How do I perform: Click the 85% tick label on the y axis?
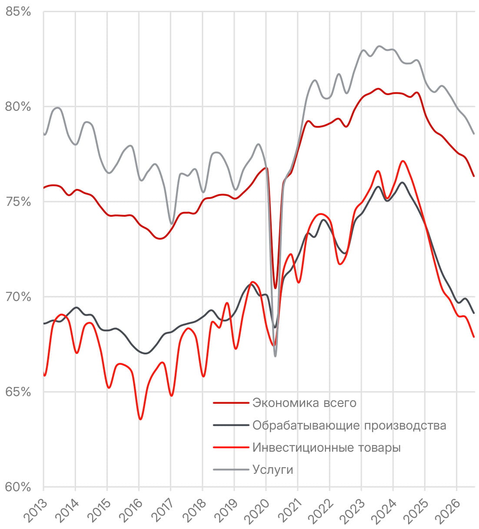(x=18, y=12)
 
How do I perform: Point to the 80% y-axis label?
(x=18, y=107)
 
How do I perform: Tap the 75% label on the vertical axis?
(x=18, y=202)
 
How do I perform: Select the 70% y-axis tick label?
(x=18, y=297)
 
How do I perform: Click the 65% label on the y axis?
(x=18, y=392)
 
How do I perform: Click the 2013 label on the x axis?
(x=36, y=510)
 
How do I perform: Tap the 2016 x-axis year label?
(x=131, y=510)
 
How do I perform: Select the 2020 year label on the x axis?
(x=258, y=510)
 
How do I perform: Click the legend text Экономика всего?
(x=304, y=403)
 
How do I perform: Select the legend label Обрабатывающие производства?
(x=349, y=425)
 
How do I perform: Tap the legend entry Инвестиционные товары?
(x=326, y=447)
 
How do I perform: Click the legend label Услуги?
(x=273, y=469)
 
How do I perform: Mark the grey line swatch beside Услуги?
(x=231, y=469)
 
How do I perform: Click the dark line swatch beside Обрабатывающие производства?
(x=231, y=425)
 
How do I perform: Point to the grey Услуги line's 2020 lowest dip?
(x=275, y=356)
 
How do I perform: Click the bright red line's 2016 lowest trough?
(x=140, y=419)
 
